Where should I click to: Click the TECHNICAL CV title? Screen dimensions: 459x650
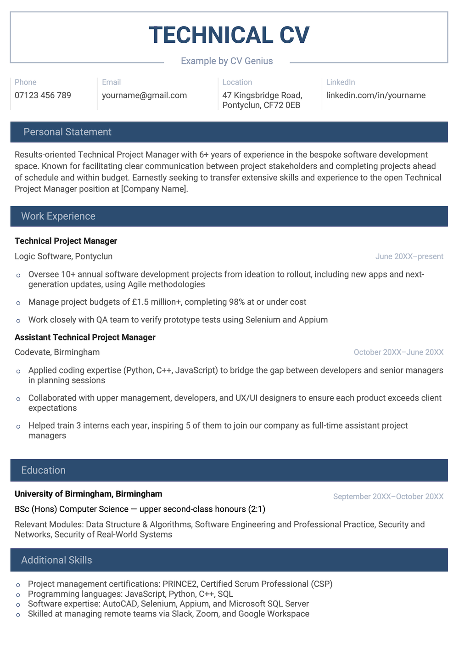[x=229, y=35]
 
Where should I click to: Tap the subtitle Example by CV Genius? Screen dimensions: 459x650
[x=227, y=61]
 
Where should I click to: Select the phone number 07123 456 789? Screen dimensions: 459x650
[x=43, y=96]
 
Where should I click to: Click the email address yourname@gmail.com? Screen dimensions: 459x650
[x=144, y=96]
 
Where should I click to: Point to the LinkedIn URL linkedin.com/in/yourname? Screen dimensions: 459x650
[x=375, y=96]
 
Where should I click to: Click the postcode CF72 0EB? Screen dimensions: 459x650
[x=282, y=105]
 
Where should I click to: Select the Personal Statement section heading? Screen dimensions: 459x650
[x=67, y=132]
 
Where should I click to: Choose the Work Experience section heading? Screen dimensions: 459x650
[x=58, y=216]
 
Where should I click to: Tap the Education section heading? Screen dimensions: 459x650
[x=43, y=470]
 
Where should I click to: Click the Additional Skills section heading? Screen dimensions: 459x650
[x=56, y=560]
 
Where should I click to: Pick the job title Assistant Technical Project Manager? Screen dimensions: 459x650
[x=85, y=337]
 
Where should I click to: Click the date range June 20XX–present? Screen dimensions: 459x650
[x=409, y=256]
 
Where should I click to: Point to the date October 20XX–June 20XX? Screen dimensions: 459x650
[x=398, y=352]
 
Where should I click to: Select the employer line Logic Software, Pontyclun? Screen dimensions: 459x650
[x=63, y=256]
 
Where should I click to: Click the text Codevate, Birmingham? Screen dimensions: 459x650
[x=57, y=352]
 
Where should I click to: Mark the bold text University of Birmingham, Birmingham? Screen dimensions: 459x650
[x=88, y=494]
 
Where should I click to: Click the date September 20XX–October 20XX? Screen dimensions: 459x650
[x=388, y=497]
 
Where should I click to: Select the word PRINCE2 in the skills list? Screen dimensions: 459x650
[x=179, y=584]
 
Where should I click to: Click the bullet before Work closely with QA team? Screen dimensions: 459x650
[x=18, y=321]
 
